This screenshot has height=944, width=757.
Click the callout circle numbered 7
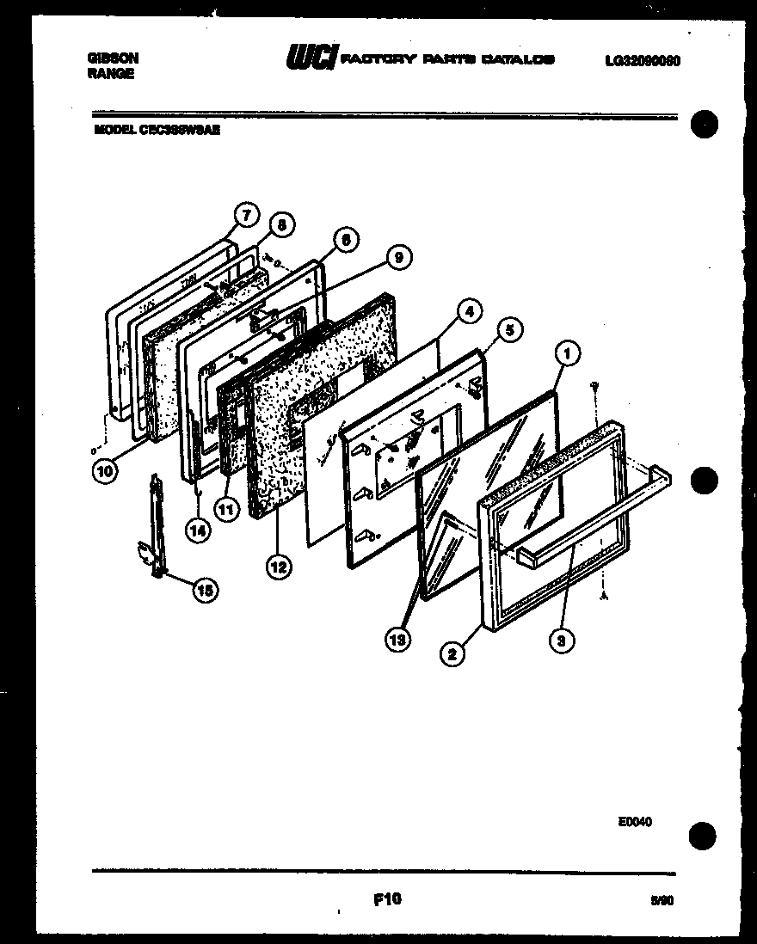(246, 213)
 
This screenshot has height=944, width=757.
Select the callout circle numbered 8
(281, 224)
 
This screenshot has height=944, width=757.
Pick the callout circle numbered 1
(567, 351)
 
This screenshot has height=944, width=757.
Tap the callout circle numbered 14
(198, 530)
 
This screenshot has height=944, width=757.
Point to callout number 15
(204, 590)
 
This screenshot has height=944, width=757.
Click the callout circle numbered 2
(452, 654)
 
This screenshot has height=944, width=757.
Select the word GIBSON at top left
(112, 58)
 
